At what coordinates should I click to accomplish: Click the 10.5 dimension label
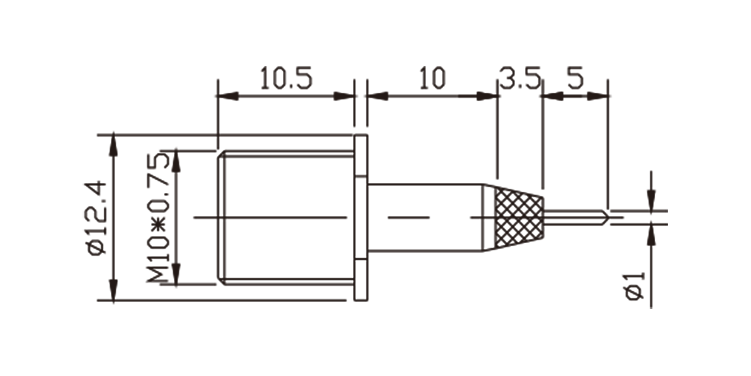tap(286, 78)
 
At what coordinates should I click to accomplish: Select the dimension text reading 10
tap(432, 78)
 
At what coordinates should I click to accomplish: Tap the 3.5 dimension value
tap(520, 78)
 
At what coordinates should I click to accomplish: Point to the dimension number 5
tap(575, 78)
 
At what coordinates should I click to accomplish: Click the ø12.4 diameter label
tap(96, 218)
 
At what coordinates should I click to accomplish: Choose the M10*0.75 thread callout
tap(158, 218)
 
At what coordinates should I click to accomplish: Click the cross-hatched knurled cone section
tap(519, 218)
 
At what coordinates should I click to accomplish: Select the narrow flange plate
tap(360, 218)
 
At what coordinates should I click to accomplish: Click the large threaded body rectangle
tap(286, 218)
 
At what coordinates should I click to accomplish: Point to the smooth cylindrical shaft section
tap(426, 218)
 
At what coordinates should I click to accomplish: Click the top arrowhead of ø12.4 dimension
tap(114, 144)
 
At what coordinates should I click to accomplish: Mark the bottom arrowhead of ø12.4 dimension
tap(114, 290)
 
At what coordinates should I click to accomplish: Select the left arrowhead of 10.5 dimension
tap(228, 96)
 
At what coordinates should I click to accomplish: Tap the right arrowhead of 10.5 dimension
tap(344, 96)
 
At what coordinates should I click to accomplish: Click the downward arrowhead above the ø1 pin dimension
tap(651, 201)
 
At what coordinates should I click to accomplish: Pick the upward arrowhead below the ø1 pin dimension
tap(651, 235)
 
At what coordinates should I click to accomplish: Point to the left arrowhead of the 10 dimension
tap(378, 96)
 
